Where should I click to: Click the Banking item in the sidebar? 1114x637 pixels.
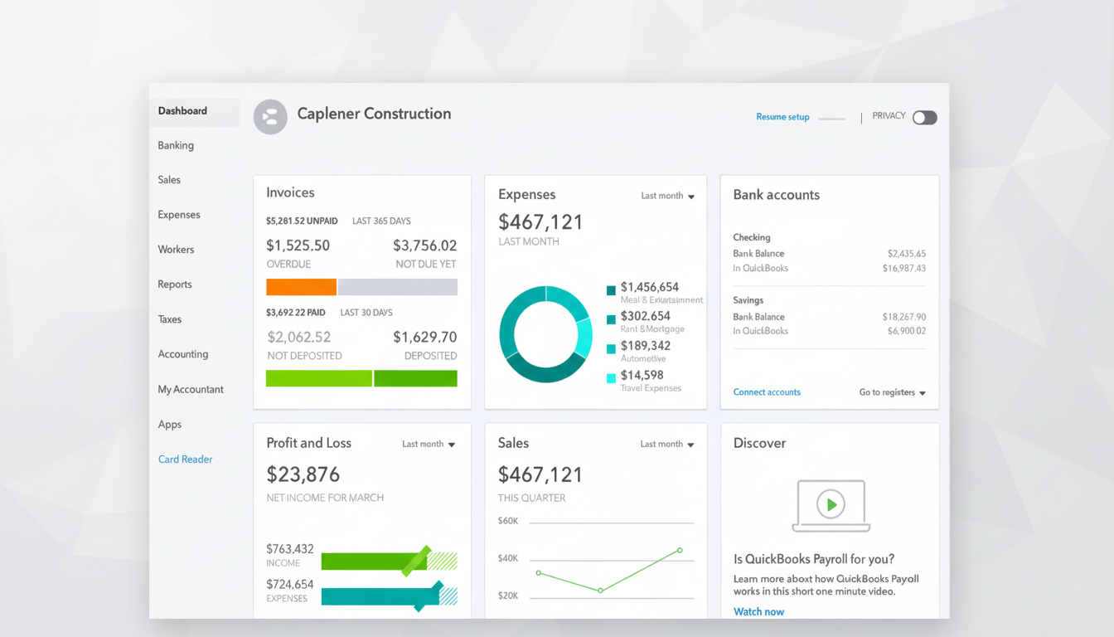pyautogui.click(x=176, y=145)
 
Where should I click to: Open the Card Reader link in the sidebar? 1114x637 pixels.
pyautogui.click(x=185, y=459)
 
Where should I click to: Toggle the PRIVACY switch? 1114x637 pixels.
pyautogui.click(x=924, y=118)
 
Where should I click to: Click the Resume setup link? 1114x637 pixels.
pyautogui.click(x=782, y=117)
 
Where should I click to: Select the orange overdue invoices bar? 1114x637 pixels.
pyautogui.click(x=301, y=287)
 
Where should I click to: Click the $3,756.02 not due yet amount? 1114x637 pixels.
pyautogui.click(x=424, y=246)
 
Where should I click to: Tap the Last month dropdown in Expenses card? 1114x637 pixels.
pyautogui.click(x=667, y=196)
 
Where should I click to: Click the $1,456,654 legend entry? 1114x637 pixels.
pyautogui.click(x=649, y=287)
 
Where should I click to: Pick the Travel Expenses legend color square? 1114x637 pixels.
pyautogui.click(x=612, y=378)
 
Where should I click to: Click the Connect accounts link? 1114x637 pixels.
pyautogui.click(x=767, y=392)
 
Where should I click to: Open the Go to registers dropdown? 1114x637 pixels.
pyautogui.click(x=892, y=392)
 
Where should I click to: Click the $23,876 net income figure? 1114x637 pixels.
pyautogui.click(x=303, y=474)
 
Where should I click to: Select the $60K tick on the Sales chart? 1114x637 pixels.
pyautogui.click(x=507, y=521)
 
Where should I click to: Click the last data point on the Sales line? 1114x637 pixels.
pyautogui.click(x=680, y=550)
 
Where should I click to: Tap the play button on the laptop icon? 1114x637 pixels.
pyautogui.click(x=831, y=503)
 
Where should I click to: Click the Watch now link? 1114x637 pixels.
pyautogui.click(x=758, y=611)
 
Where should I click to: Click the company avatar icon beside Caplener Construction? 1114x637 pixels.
pyautogui.click(x=270, y=117)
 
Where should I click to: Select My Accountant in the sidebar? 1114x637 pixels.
pyautogui.click(x=191, y=389)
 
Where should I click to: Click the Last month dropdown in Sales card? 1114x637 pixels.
pyautogui.click(x=666, y=445)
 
